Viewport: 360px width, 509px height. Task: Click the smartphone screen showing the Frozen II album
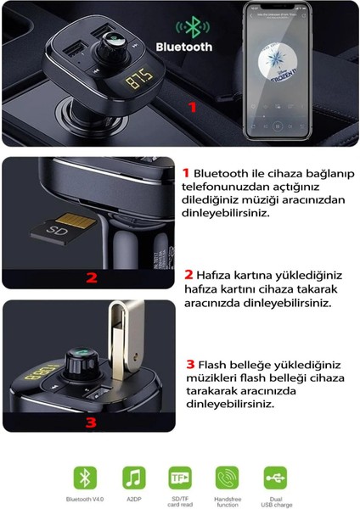[283, 71]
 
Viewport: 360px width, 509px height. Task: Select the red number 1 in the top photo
[192, 108]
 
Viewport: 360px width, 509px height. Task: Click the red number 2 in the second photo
[91, 277]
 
